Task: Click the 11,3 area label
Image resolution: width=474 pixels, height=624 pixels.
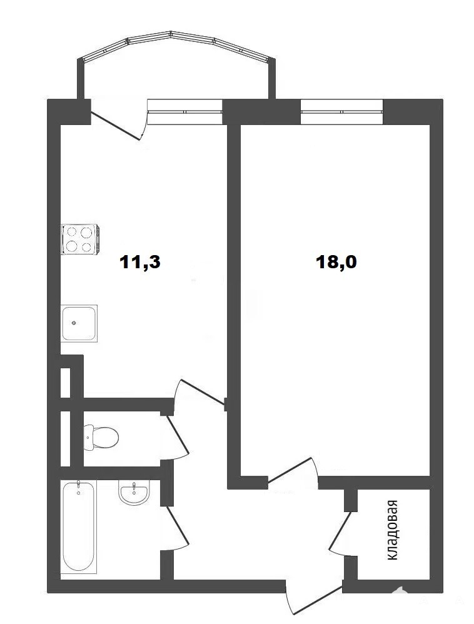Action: click(139, 262)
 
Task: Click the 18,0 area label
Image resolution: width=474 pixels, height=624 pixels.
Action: click(336, 262)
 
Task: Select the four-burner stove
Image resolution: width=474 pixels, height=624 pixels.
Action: click(80, 239)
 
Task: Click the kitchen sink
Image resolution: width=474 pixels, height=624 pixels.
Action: click(79, 323)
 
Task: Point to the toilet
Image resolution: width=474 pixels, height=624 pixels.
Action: click(101, 438)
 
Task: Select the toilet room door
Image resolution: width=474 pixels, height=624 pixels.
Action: click(178, 436)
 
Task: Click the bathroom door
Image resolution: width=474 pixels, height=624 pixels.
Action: click(177, 527)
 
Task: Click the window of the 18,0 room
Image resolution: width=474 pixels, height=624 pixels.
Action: click(341, 112)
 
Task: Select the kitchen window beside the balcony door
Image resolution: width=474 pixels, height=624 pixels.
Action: click(184, 112)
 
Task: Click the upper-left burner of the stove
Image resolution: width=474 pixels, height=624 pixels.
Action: click(72, 231)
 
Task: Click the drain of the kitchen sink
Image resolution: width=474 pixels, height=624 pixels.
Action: click(74, 323)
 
